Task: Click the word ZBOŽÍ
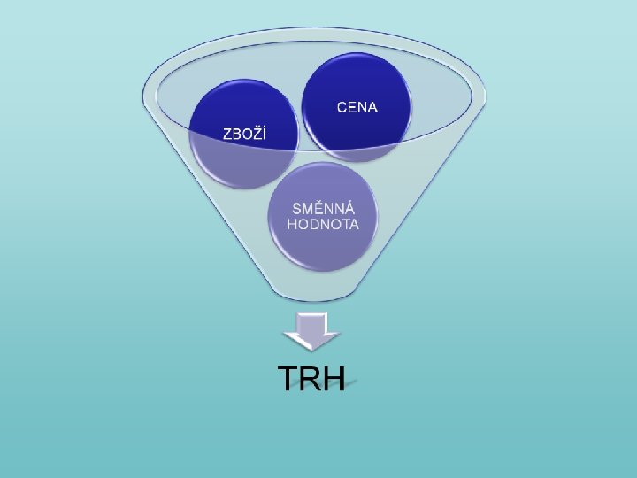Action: coord(243,134)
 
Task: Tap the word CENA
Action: coord(357,107)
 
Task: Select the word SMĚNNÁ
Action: coord(324,209)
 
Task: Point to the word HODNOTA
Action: coord(324,224)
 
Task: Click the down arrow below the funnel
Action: coord(311,330)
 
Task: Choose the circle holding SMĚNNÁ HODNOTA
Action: coord(324,216)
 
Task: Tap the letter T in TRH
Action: coord(288,379)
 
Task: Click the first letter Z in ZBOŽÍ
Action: coord(226,134)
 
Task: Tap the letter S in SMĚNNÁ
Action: coord(298,209)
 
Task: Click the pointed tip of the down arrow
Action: coord(311,346)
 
